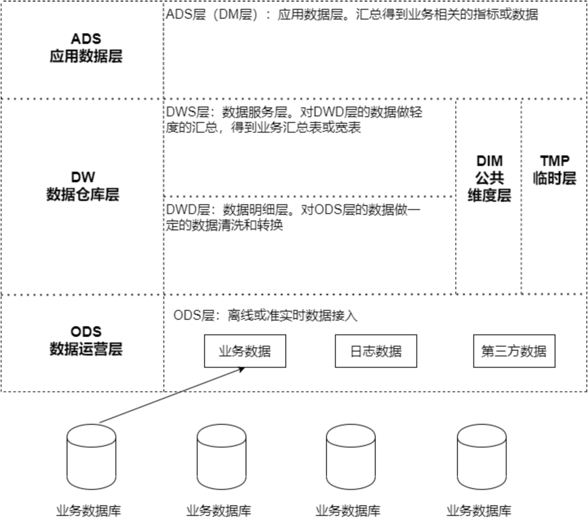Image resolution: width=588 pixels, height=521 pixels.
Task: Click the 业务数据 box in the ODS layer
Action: [x=245, y=351]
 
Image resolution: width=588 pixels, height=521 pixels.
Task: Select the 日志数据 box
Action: [x=376, y=351]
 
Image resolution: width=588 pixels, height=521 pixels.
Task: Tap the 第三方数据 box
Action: [x=514, y=351]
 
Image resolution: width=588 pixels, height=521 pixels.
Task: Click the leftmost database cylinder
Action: [x=91, y=456]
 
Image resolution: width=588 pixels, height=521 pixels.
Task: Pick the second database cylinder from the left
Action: [x=221, y=456]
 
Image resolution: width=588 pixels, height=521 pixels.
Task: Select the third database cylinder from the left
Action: [x=351, y=456]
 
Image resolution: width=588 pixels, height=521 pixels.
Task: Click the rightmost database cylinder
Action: [x=481, y=456]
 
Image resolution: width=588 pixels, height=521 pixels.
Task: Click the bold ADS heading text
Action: [x=86, y=39]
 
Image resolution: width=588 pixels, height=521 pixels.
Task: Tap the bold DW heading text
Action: [x=83, y=177]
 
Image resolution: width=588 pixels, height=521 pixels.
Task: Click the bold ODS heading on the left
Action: [x=86, y=332]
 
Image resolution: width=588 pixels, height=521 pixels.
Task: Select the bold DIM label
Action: [x=489, y=161]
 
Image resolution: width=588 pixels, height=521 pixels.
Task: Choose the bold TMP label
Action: [x=554, y=161]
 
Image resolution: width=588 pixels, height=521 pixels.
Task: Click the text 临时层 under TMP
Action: [x=554, y=178]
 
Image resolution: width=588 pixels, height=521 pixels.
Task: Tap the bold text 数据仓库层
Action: [x=83, y=194]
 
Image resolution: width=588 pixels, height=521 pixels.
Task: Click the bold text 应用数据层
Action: [x=86, y=56]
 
